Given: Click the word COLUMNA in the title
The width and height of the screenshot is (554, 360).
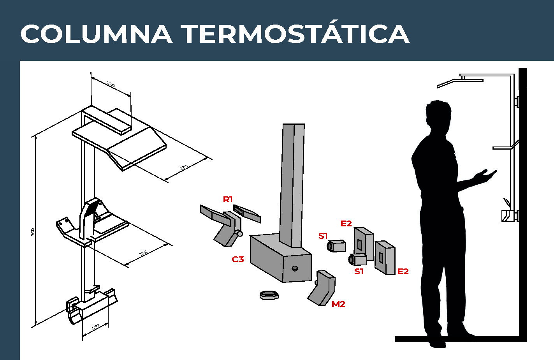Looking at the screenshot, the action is coord(97,34).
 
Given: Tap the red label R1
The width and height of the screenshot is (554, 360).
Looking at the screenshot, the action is coord(227,199).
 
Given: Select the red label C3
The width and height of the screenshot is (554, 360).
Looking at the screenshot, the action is coord(237,259).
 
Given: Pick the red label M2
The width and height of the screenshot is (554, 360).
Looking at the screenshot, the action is coord(338,304).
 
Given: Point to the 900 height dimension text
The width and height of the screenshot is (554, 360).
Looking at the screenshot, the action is coord(33,232).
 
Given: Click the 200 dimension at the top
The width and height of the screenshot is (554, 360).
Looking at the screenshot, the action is coord(111,85).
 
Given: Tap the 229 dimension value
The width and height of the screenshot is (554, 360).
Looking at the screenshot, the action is coord(183,168).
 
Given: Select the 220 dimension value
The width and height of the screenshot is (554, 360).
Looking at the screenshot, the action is coord(143,253).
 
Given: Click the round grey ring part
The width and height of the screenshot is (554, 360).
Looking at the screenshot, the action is coord(269,295).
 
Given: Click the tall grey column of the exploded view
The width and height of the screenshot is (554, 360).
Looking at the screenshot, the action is coord(292,185).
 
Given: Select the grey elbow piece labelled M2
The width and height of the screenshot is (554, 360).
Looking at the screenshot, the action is coord(322,288).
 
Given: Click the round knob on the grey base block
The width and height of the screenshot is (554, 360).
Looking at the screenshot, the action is coord(295,268).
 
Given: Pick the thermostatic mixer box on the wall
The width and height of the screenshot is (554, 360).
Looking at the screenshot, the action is coord(507,216).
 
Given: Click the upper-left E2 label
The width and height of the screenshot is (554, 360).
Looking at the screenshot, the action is coord(346,224).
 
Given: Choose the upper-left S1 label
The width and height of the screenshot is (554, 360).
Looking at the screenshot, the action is coord(323,236).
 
